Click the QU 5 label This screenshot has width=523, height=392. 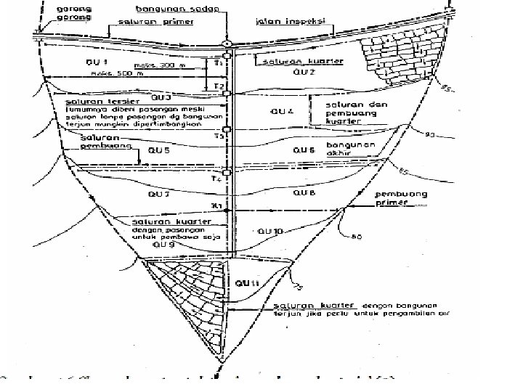point(159,150)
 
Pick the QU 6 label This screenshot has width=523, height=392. point(303,150)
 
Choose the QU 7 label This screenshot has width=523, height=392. point(159,195)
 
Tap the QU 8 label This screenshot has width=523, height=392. point(304,195)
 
